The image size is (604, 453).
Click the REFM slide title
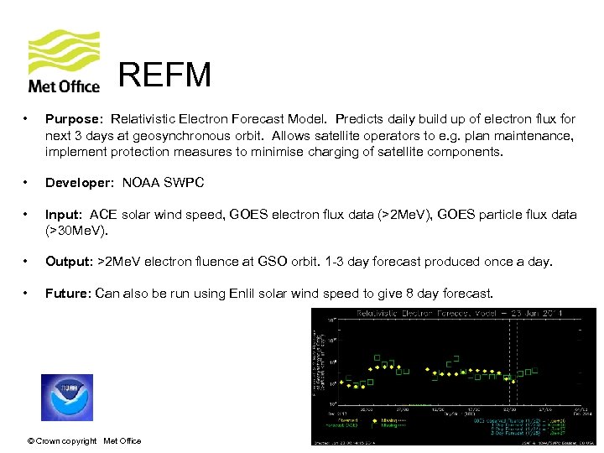[x=164, y=75]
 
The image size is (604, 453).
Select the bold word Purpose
[x=71, y=120]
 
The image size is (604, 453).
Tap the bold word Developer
[x=79, y=183]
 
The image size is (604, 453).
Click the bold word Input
[x=64, y=215]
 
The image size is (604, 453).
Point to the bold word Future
[x=68, y=294]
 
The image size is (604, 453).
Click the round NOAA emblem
[x=67, y=397]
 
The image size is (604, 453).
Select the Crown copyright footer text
[x=84, y=440]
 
